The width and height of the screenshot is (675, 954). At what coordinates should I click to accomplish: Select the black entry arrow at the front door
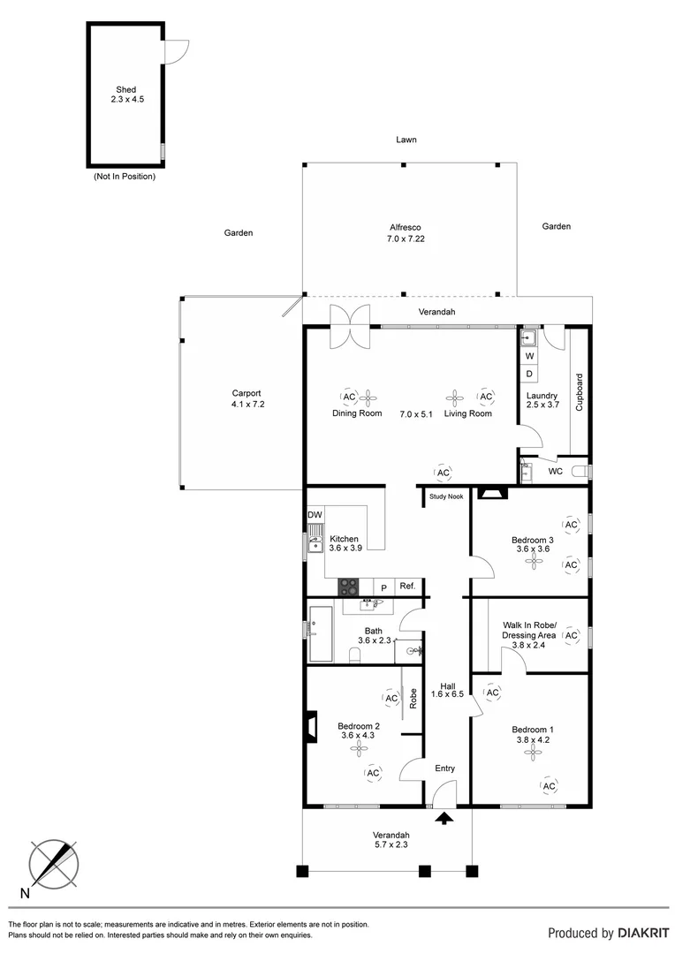tap(444, 817)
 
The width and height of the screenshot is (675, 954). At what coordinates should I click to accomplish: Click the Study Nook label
tap(446, 496)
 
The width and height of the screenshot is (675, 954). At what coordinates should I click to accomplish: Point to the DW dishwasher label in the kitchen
tap(315, 515)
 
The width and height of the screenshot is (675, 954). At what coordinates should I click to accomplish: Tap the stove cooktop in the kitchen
tap(348, 587)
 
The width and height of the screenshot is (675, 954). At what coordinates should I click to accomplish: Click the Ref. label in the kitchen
tap(406, 587)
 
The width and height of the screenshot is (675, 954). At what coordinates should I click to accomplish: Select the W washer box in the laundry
tap(530, 356)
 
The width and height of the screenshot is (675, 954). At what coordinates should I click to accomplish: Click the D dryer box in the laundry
tap(530, 374)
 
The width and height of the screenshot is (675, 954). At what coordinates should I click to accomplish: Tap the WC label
tap(556, 472)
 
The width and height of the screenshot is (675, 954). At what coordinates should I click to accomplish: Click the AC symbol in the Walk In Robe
tap(571, 634)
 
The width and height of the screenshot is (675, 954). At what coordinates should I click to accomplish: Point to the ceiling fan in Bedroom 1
tap(531, 753)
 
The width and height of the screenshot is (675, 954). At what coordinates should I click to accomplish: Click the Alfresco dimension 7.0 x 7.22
tap(406, 238)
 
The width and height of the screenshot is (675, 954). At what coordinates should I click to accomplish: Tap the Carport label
tap(246, 394)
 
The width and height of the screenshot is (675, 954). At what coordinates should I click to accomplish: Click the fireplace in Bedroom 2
tap(310, 726)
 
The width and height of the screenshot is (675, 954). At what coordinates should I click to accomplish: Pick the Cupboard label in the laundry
tap(580, 392)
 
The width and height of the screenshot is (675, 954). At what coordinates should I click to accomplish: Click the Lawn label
tap(406, 140)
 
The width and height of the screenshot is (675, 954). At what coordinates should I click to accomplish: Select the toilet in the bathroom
tap(354, 654)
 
